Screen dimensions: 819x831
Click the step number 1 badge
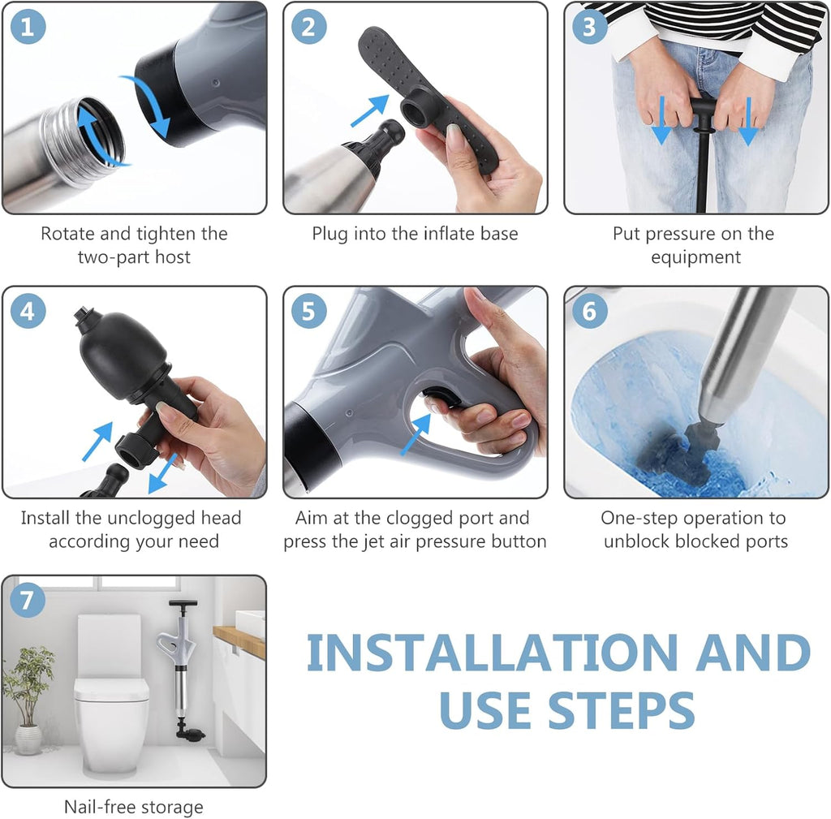point(28,27)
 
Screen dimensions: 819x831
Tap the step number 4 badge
point(28,312)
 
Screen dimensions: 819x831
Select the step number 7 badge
point(28,601)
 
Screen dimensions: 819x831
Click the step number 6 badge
point(590,312)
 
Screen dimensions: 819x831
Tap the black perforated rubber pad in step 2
point(430,89)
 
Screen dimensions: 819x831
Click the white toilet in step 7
point(111,690)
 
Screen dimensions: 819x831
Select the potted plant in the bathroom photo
point(28,690)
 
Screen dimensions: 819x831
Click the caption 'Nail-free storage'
point(134,807)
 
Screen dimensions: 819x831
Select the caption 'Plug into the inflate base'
point(415,234)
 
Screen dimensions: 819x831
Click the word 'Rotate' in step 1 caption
point(68,234)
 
